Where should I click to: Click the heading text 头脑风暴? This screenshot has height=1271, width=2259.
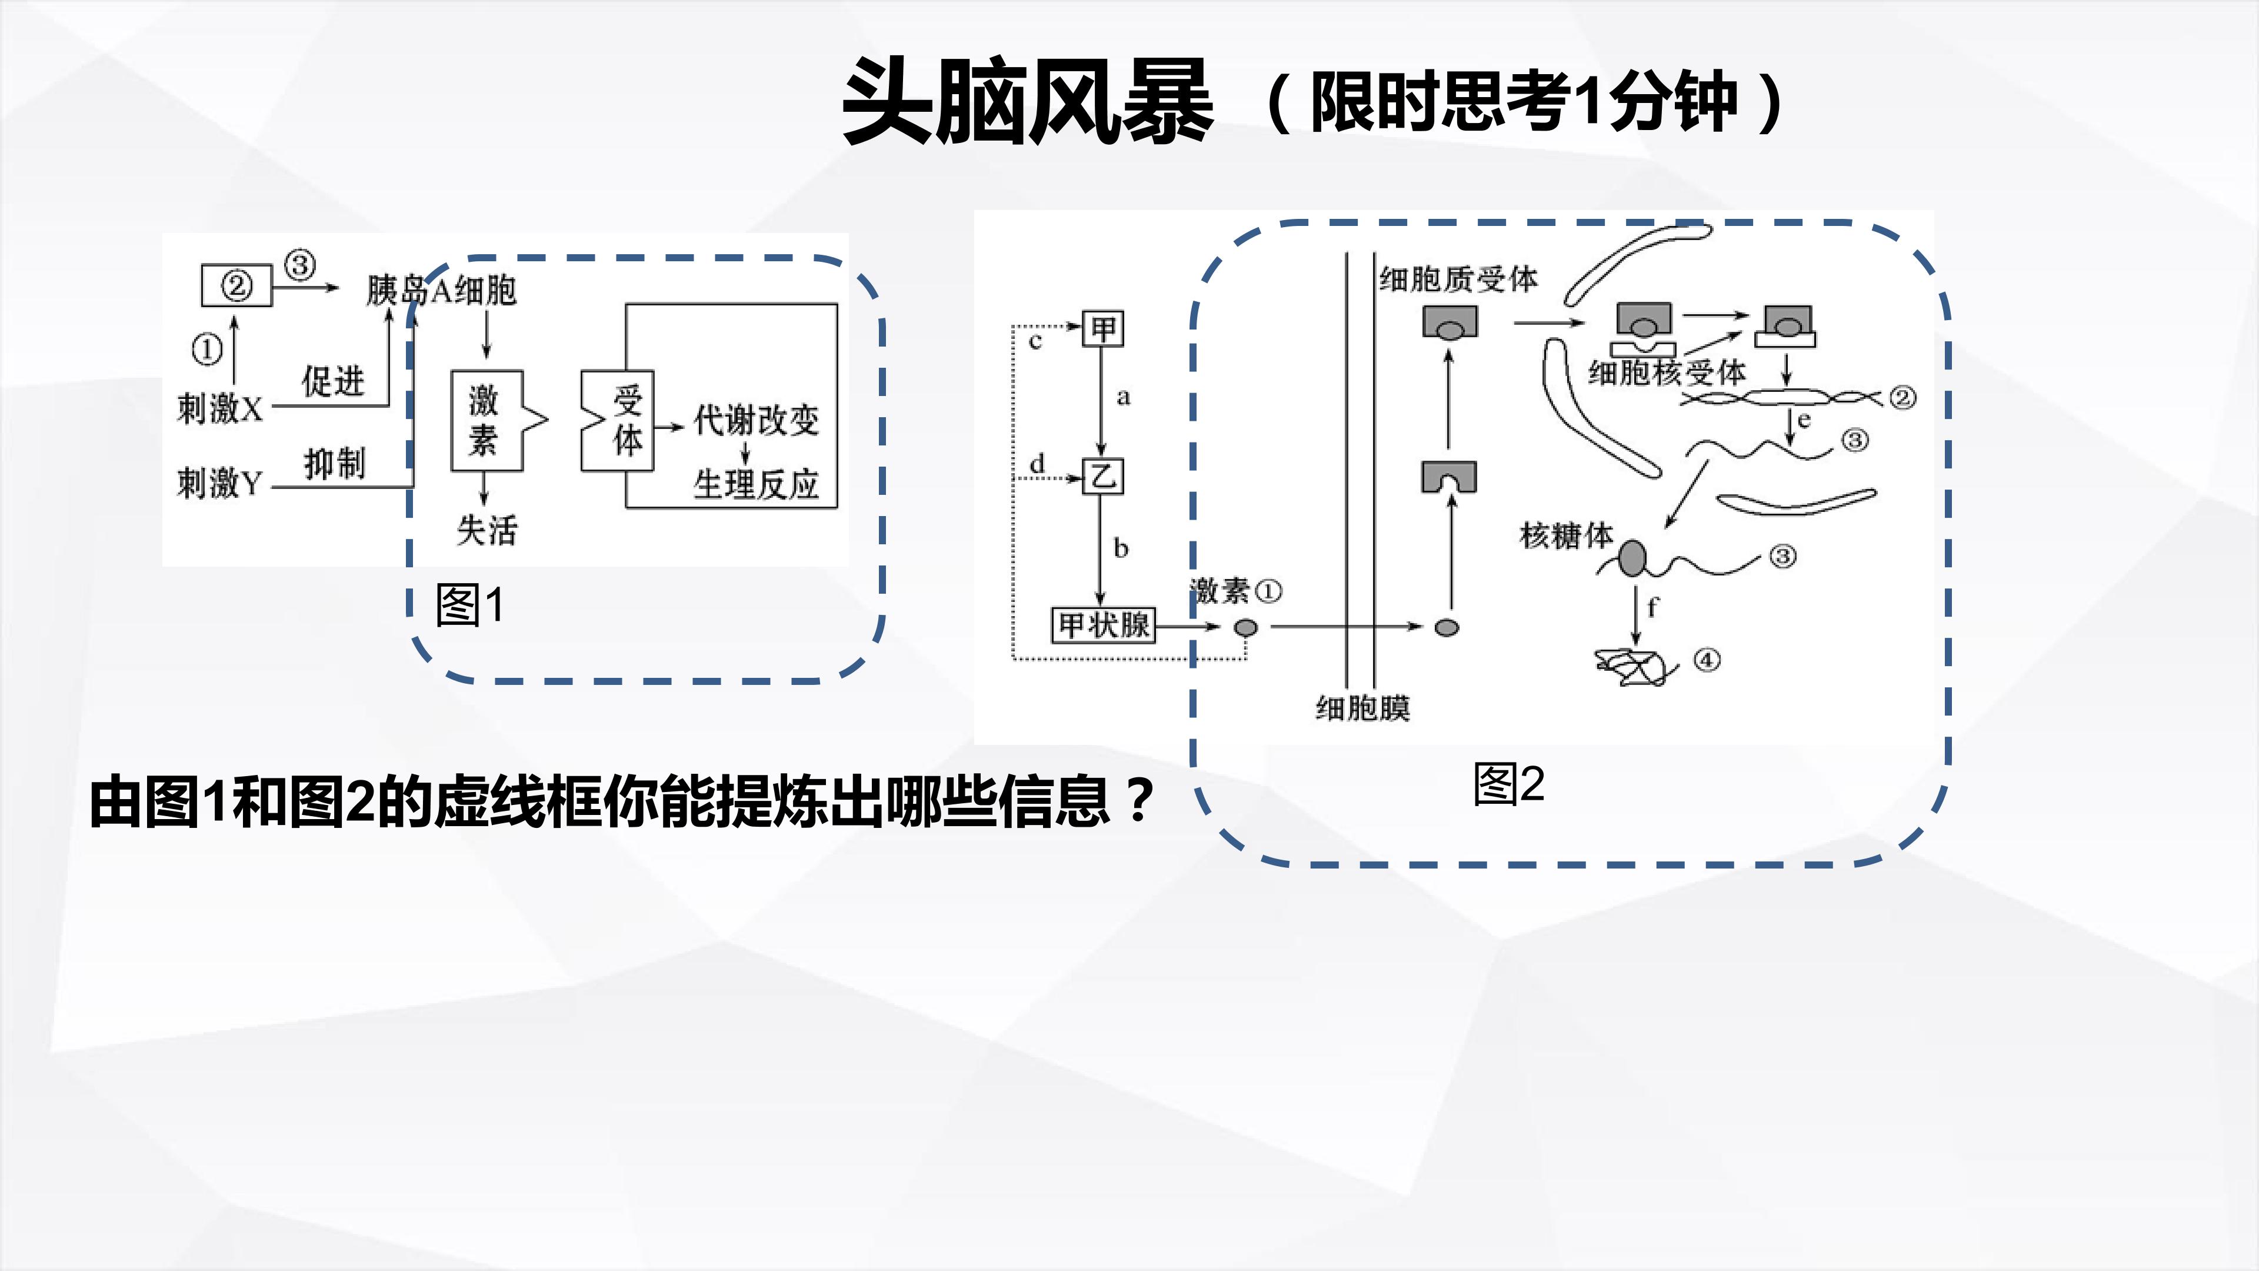pos(1028,102)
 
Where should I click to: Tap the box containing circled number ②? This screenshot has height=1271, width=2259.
pos(236,285)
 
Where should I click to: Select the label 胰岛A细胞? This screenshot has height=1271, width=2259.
pos(441,290)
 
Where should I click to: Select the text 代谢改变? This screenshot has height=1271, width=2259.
pos(756,420)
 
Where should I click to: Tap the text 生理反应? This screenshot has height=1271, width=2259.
pos(756,483)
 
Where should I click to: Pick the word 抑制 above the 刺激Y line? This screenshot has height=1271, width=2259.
pos(334,463)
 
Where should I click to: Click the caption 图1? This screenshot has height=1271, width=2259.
pos(470,605)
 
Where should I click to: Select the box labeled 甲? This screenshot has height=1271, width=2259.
pos(1103,329)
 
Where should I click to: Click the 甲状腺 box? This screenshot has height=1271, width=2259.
pos(1103,625)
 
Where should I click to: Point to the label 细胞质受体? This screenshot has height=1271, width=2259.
pos(1458,279)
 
